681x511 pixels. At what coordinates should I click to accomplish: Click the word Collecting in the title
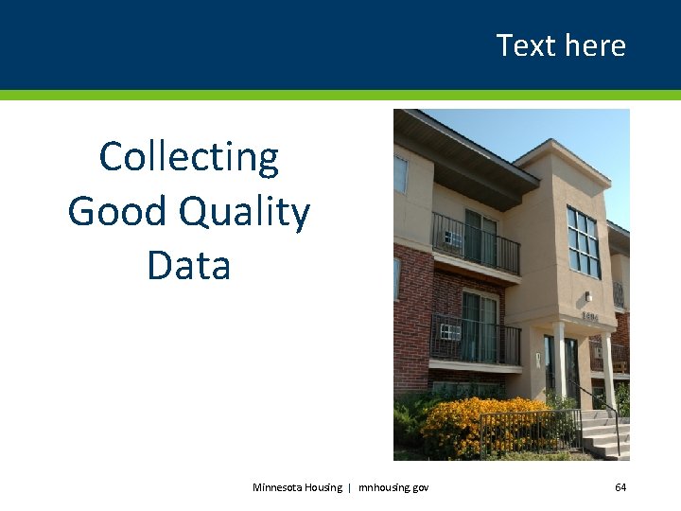[189, 157]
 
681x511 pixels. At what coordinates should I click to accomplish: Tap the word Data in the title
[189, 265]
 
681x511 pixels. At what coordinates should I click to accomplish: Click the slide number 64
[620, 487]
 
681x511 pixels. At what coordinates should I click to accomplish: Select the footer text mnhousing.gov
[393, 487]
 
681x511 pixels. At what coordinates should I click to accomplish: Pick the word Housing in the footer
[324, 487]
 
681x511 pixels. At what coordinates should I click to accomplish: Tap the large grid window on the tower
[583, 241]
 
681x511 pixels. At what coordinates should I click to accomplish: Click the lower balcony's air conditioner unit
[450, 331]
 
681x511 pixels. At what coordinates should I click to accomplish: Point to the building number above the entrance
[590, 315]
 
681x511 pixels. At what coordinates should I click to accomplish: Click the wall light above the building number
[588, 296]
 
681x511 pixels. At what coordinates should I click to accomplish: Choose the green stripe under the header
[340, 95]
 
